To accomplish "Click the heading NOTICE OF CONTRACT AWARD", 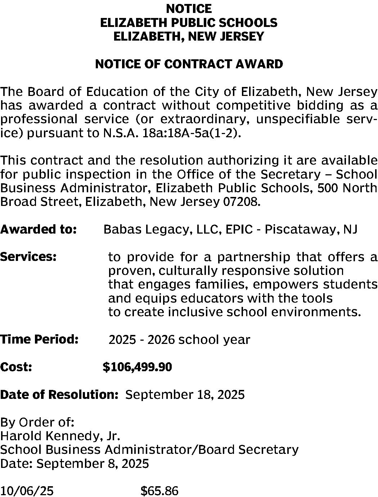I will click(x=189, y=64).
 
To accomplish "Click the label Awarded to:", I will click(x=38, y=229).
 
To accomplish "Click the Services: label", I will click(x=28, y=257).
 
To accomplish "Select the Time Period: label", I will click(x=39, y=339).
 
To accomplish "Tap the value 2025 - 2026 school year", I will click(x=179, y=340).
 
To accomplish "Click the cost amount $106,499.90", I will click(x=137, y=367).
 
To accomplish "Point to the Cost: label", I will click(x=17, y=367).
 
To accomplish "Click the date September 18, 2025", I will click(x=185, y=395).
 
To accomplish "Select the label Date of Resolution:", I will click(x=59, y=395).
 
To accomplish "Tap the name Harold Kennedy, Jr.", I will click(x=60, y=436).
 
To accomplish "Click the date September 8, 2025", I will click(x=93, y=464).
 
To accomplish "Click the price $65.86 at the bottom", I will click(x=159, y=491).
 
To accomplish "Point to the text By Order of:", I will click(x=37, y=422).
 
